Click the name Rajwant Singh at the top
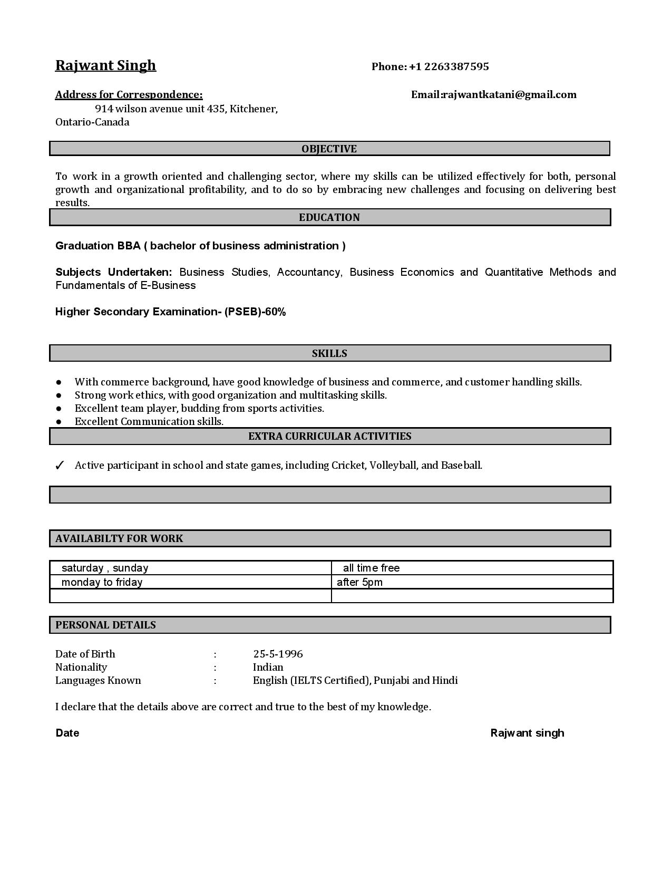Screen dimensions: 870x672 pyautogui.click(x=105, y=65)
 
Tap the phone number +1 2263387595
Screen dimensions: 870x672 pyautogui.click(x=449, y=66)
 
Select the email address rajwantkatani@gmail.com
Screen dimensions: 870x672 pyautogui.click(x=509, y=95)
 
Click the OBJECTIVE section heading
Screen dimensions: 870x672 pyautogui.click(x=329, y=149)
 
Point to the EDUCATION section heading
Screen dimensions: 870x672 pyautogui.click(x=329, y=218)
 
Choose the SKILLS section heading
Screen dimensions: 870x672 pyautogui.click(x=329, y=354)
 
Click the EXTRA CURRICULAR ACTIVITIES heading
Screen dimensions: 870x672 pyautogui.click(x=329, y=437)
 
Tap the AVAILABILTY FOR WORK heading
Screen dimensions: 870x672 pyautogui.click(x=119, y=539)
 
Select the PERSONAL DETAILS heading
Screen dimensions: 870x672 pyautogui.click(x=105, y=625)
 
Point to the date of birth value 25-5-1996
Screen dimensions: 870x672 pyautogui.click(x=278, y=654)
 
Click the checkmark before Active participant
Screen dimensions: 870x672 pyautogui.click(x=60, y=466)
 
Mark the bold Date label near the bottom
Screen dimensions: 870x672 pyautogui.click(x=67, y=733)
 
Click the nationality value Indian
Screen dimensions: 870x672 pyautogui.click(x=268, y=668)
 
